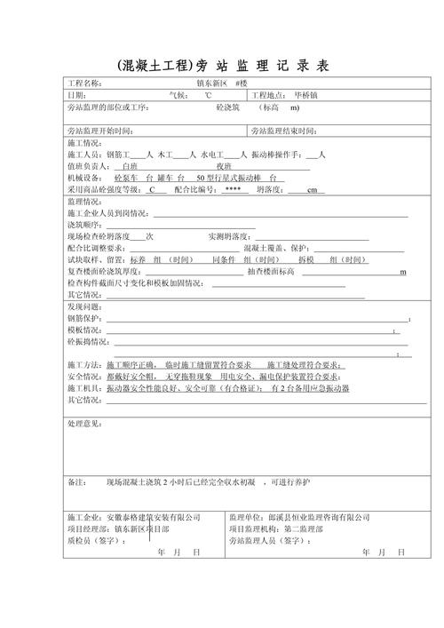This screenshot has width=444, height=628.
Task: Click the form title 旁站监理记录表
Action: pyautogui.click(x=223, y=66)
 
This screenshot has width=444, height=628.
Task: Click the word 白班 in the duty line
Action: pyautogui.click(x=129, y=166)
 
